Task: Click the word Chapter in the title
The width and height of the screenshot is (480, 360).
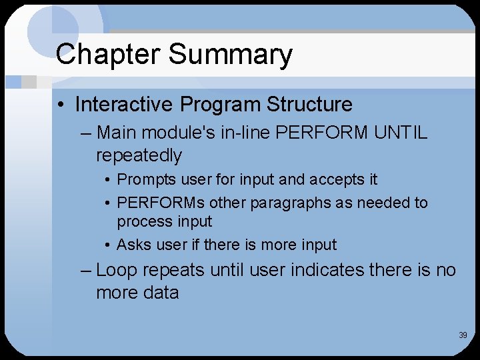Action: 103,55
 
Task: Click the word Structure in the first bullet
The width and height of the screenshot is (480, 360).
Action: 309,105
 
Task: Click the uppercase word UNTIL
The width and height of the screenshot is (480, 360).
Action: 401,133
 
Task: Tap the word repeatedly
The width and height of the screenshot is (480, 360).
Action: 139,155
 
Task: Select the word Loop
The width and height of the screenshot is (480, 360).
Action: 117,270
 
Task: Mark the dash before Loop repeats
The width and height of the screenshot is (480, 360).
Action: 85,270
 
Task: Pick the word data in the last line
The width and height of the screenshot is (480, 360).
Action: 160,293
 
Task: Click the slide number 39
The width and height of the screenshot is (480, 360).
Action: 463,335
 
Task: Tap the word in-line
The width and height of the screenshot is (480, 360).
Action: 237,133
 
